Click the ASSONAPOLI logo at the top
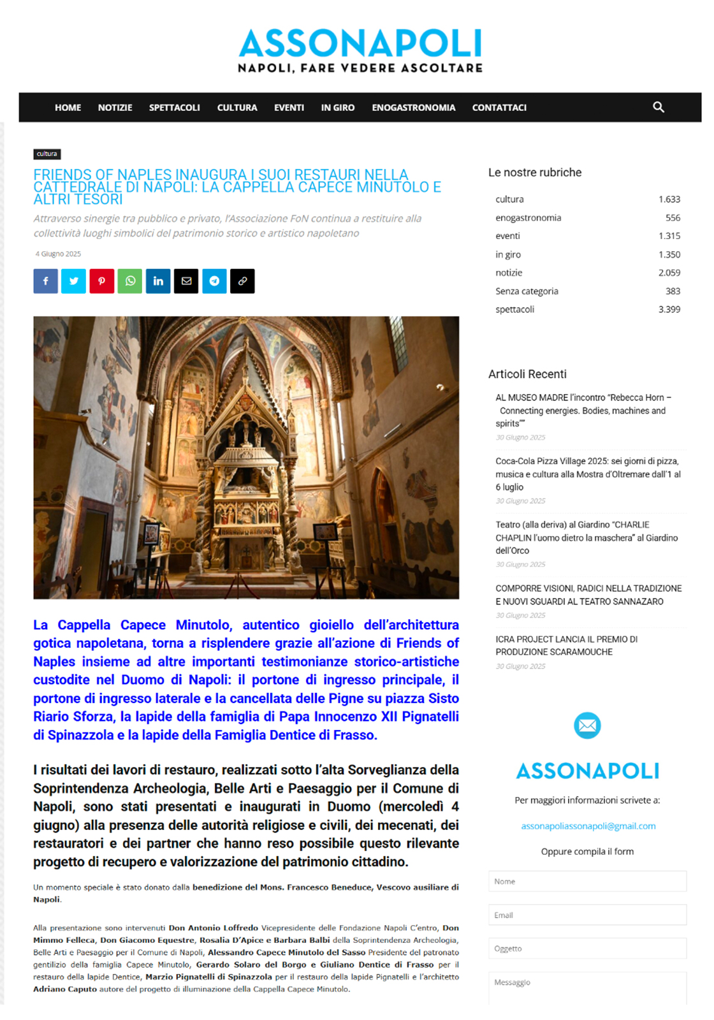click(x=360, y=50)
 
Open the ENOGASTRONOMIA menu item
click(x=413, y=108)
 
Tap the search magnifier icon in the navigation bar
click(x=659, y=107)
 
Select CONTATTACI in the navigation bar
click(x=499, y=108)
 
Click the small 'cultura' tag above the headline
click(x=47, y=154)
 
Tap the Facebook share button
click(x=46, y=281)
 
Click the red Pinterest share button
click(x=102, y=281)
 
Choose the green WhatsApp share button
click(x=130, y=281)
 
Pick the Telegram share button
click(x=214, y=281)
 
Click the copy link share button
click(x=242, y=281)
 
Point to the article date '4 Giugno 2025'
click(x=58, y=254)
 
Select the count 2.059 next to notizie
click(x=669, y=273)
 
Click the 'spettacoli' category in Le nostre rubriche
click(x=514, y=309)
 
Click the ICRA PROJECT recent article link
click(x=566, y=645)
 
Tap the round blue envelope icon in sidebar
click(x=587, y=725)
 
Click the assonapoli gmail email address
click(x=588, y=826)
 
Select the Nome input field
click(x=587, y=881)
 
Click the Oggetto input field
click(x=587, y=948)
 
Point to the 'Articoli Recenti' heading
click(x=527, y=374)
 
